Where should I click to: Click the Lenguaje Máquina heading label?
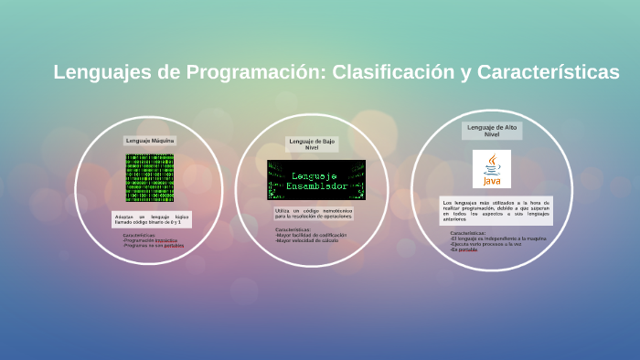click(x=150, y=141)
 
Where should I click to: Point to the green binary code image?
click(x=149, y=178)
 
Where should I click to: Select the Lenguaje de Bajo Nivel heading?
click(x=312, y=144)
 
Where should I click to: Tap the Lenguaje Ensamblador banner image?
click(x=315, y=180)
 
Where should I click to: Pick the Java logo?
click(x=492, y=169)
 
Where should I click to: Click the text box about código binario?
click(x=149, y=219)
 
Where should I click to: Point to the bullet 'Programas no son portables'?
click(x=154, y=246)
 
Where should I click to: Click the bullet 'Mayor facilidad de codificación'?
click(x=311, y=235)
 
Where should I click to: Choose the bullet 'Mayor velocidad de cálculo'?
click(x=306, y=240)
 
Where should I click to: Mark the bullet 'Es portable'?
click(x=465, y=249)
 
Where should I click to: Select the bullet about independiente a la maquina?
click(x=492, y=238)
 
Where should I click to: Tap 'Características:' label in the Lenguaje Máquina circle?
click(x=139, y=235)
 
